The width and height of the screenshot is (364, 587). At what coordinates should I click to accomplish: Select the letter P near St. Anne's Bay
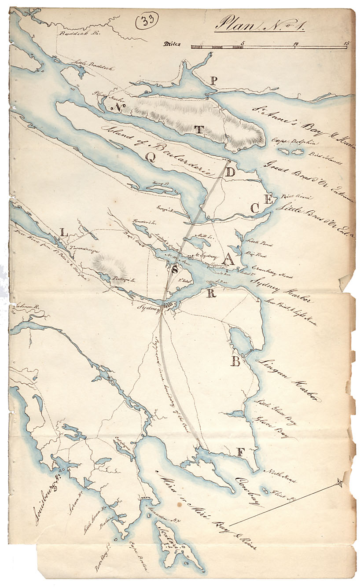(x=213, y=81)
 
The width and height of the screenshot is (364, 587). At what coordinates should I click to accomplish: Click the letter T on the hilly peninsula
(x=199, y=129)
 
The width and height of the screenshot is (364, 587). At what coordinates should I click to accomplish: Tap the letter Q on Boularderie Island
(x=151, y=161)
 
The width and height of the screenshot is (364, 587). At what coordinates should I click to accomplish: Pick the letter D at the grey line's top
(x=230, y=172)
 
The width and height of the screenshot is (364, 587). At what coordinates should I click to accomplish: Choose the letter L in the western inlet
(x=64, y=233)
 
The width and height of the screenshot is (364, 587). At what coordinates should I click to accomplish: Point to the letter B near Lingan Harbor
(x=236, y=362)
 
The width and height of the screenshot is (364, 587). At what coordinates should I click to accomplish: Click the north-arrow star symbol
(x=339, y=483)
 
